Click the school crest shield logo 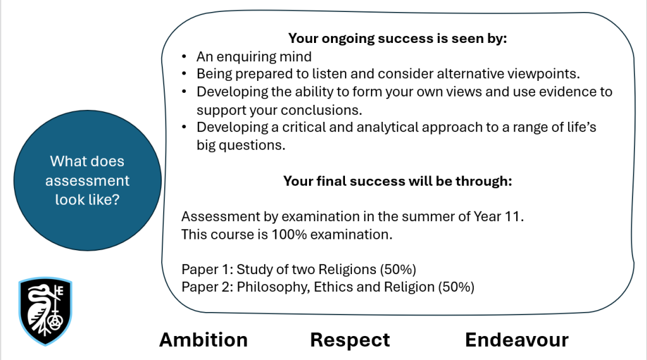(x=45, y=311)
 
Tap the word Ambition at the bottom (x=203, y=340)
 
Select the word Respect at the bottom (x=350, y=340)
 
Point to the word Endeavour (x=517, y=340)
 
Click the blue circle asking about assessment (x=87, y=180)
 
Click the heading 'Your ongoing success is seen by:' (x=397, y=39)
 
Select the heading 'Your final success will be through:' (x=397, y=181)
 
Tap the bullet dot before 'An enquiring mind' (x=184, y=56)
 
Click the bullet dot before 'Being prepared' (x=184, y=74)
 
